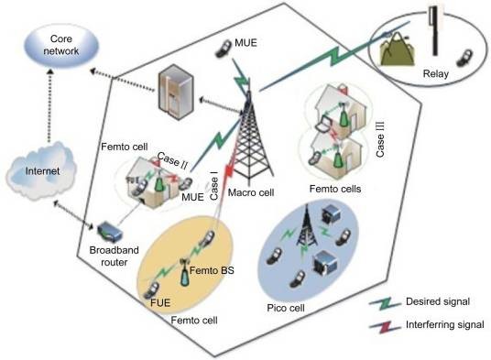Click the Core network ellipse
[61, 46]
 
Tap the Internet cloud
[41, 171]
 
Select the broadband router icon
[109, 233]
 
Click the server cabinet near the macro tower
[176, 92]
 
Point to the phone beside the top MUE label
[223, 49]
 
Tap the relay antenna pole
[434, 30]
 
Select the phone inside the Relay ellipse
[464, 59]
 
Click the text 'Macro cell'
[251, 192]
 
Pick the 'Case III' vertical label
[380, 139]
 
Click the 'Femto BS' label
[212, 270]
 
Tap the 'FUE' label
[160, 302]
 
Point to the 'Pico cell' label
[286, 308]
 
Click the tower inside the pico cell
[307, 225]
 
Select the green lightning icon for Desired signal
[385, 303]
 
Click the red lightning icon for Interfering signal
[385, 327]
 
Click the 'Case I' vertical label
[214, 189]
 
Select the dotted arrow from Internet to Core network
[49, 106]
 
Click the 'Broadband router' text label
[114, 256]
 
